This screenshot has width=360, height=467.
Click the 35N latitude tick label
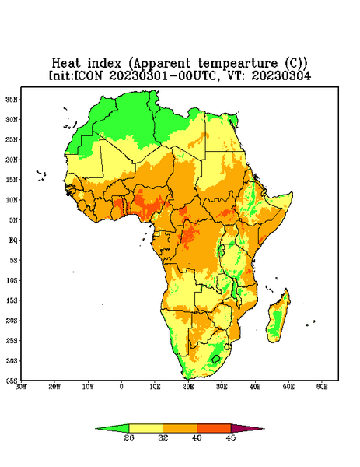click(12, 99)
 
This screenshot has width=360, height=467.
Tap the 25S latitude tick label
click(12, 340)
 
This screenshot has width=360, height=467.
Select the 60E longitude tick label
click(322, 387)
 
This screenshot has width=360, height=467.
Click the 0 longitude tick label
click(121, 387)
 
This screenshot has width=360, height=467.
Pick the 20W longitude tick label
click(54, 387)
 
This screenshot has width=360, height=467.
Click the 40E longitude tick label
click(255, 387)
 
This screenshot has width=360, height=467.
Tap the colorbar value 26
click(129, 437)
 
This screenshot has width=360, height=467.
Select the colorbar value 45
click(231, 437)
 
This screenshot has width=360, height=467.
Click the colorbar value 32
click(163, 437)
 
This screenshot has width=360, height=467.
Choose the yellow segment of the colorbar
click(145, 428)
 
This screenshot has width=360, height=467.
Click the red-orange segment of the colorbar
click(214, 428)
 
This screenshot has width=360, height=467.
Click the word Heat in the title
click(66, 64)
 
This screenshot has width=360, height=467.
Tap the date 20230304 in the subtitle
click(281, 75)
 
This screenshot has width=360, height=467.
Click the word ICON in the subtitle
click(88, 75)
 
